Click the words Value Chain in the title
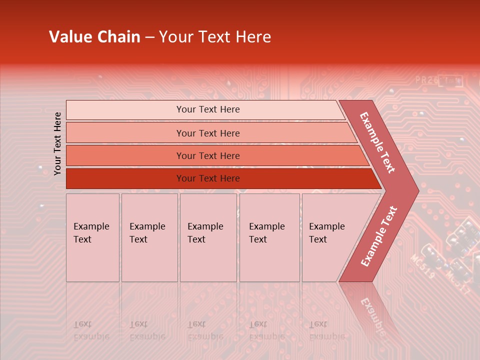click(94, 37)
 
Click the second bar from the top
click(207, 133)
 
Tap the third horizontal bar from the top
click(207, 155)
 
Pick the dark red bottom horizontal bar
click(207, 178)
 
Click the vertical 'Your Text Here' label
click(57, 143)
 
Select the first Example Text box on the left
click(92, 237)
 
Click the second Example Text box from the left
click(149, 237)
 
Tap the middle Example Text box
click(207, 237)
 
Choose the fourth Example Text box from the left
click(269, 237)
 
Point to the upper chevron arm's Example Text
click(378, 142)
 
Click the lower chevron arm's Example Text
click(379, 236)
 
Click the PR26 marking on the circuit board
click(425, 79)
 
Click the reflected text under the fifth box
click(326, 330)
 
